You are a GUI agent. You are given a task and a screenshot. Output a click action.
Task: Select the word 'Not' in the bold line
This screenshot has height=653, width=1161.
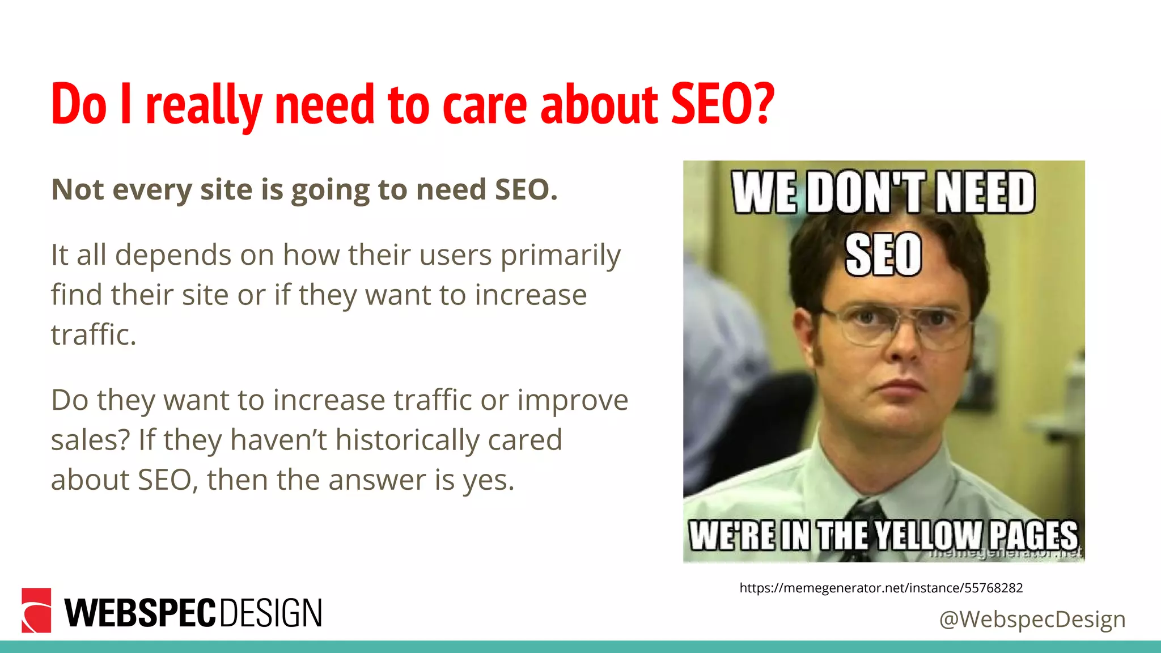(78, 189)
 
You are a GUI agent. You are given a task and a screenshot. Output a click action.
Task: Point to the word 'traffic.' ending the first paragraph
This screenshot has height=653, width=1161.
(94, 334)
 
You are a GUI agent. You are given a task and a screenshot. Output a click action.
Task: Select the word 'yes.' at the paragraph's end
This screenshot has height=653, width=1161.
(488, 480)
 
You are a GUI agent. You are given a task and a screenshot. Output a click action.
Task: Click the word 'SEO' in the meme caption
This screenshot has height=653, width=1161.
(883, 255)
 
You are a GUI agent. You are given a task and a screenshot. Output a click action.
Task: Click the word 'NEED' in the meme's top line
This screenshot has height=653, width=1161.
(985, 193)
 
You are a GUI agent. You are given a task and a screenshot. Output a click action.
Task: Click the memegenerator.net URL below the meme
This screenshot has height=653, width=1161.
(881, 588)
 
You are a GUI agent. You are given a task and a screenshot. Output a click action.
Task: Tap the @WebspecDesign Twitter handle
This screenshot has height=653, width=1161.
(1032, 618)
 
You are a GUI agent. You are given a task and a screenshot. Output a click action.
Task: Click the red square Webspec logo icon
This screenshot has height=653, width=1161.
(36, 610)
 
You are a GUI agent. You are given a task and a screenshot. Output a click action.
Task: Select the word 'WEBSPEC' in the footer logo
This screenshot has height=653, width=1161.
(141, 613)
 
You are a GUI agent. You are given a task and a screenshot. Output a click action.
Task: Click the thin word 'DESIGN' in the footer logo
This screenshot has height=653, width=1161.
(270, 613)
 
